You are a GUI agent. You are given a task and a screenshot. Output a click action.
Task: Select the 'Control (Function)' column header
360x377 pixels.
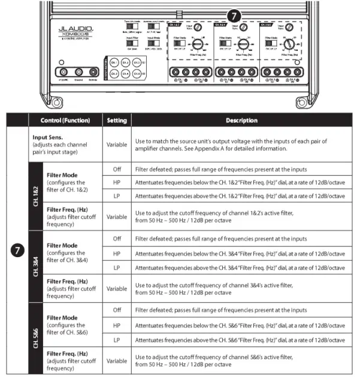65,120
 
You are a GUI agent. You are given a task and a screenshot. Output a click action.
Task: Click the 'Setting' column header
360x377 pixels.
117,120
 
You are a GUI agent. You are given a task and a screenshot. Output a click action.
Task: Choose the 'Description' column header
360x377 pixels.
241,120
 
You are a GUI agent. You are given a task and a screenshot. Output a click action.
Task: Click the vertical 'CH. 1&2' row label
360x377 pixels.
35,195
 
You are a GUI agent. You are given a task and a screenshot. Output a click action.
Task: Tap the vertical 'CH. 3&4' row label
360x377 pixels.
35,267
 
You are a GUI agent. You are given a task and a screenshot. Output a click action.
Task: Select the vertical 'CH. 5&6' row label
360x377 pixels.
35,339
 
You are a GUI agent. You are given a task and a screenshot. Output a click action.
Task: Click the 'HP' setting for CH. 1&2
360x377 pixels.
117,182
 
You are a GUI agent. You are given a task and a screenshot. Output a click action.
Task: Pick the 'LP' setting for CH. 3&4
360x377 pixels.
117,267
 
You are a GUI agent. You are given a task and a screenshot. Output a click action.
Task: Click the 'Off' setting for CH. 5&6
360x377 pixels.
117,310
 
